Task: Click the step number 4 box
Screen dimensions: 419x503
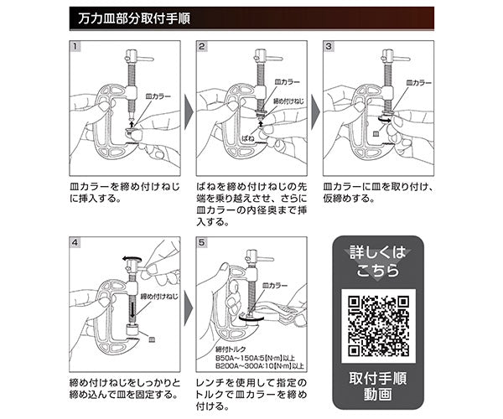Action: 75,243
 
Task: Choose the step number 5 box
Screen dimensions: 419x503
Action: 202,243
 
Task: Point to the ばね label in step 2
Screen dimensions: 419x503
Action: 247,135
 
